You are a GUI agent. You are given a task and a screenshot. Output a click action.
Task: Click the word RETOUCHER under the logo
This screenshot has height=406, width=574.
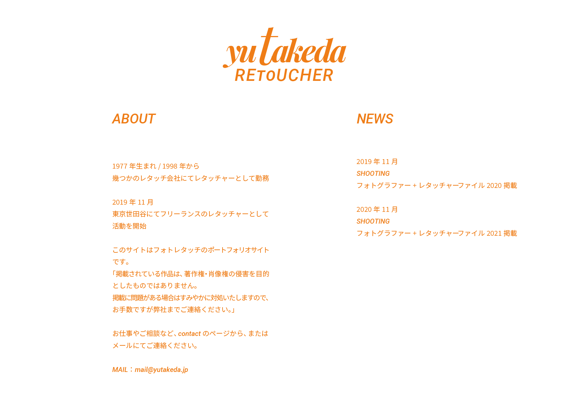pos(284,75)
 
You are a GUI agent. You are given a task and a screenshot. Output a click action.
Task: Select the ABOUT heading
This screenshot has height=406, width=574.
pos(134,119)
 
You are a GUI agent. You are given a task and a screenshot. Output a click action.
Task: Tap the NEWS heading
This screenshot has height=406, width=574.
pos(375,119)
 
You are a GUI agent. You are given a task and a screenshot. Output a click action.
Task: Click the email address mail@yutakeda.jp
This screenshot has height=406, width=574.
pos(161,370)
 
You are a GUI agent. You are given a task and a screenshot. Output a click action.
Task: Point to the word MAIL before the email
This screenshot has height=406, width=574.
pos(120,370)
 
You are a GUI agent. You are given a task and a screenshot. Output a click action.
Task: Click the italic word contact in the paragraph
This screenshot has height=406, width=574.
pos(189,334)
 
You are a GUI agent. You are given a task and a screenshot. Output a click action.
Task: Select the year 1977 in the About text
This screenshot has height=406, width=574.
pos(119,166)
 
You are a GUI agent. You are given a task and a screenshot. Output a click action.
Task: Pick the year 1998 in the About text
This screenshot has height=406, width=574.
pos(170,166)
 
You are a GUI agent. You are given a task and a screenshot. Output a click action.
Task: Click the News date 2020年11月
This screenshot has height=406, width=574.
pos(377,210)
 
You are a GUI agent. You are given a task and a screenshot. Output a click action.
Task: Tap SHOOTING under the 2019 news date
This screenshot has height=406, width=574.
pos(373,174)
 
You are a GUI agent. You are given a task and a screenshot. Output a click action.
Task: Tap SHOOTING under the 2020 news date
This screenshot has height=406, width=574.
pos(373,221)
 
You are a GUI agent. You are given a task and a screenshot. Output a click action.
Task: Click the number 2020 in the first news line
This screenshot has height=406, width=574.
pos(494,186)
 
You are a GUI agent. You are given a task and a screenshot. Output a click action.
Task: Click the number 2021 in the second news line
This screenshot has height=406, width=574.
pos(494,233)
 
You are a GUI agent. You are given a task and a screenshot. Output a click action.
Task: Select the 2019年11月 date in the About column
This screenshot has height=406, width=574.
pos(133,202)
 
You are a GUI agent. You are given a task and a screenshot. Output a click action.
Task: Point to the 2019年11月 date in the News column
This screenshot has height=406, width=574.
pos(377,162)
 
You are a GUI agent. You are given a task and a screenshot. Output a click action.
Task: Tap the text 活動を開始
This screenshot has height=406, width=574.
pos(129,226)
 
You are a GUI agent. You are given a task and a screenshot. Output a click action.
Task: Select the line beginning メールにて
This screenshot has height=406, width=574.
pos(155,346)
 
